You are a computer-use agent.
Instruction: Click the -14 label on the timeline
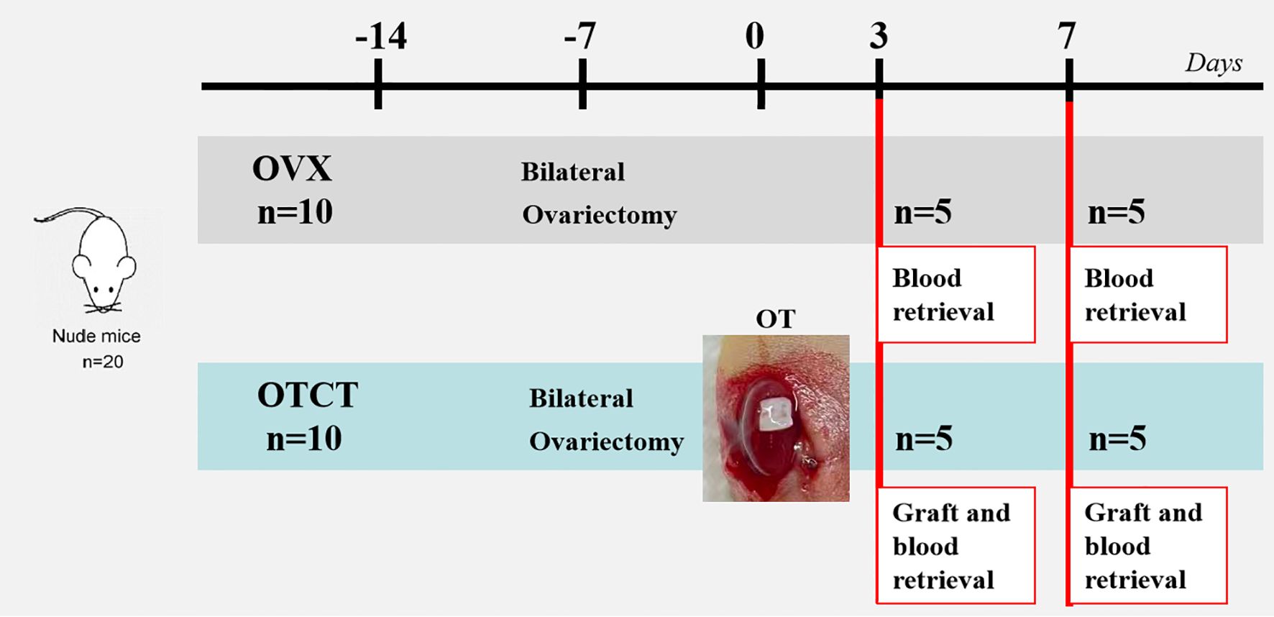pyautogui.click(x=381, y=36)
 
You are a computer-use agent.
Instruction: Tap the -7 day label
pyautogui.click(x=579, y=36)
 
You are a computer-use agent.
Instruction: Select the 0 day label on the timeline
pyautogui.click(x=754, y=36)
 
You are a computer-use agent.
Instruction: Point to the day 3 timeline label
pyautogui.click(x=879, y=36)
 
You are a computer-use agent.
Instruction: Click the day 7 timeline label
pyautogui.click(x=1067, y=36)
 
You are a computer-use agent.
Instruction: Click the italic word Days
pyautogui.click(x=1214, y=63)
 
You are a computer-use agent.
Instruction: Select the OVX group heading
pyautogui.click(x=292, y=169)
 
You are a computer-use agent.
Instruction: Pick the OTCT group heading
pyautogui.click(x=308, y=396)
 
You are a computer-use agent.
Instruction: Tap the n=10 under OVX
pyautogui.click(x=295, y=212)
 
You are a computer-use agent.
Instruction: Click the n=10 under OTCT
pyautogui.click(x=303, y=439)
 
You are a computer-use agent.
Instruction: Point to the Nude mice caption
pyautogui.click(x=96, y=336)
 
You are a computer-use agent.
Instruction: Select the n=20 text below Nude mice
pyautogui.click(x=103, y=362)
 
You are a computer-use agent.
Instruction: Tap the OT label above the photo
pyautogui.click(x=775, y=319)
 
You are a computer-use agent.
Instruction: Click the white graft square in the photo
pyautogui.click(x=774, y=414)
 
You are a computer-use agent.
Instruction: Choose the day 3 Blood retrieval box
pyautogui.click(x=956, y=295)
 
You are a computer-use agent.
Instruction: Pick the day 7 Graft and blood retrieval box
pyautogui.click(x=1148, y=546)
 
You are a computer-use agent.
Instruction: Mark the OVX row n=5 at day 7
pyautogui.click(x=1116, y=213)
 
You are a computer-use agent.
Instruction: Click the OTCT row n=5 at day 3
pyautogui.click(x=924, y=439)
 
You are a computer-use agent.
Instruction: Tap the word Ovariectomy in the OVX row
pyautogui.click(x=600, y=215)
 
